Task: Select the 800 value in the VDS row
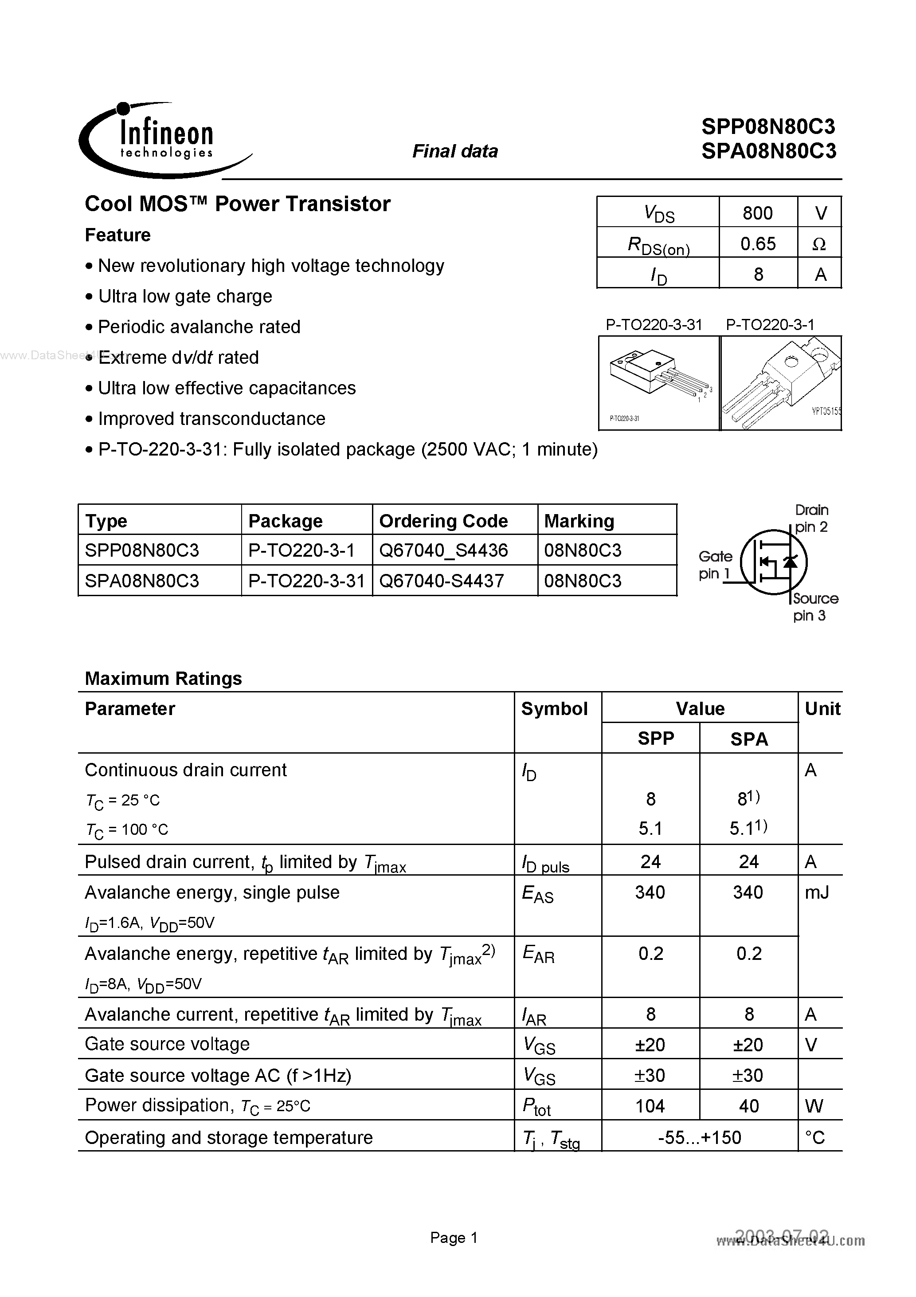point(757,213)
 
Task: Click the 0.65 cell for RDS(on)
point(757,244)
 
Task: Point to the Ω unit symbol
point(819,244)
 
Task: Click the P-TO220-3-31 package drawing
point(658,382)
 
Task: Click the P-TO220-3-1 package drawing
point(782,382)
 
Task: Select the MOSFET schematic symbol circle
point(773,561)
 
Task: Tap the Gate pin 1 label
point(715,565)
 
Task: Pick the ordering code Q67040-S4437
point(441,581)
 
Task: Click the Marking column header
point(579,520)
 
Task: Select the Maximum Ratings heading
point(163,678)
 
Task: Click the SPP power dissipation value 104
point(650,1105)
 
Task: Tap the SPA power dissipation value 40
point(748,1105)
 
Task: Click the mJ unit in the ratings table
point(817,892)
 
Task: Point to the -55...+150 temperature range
point(699,1136)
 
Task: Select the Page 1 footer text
point(454,1237)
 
